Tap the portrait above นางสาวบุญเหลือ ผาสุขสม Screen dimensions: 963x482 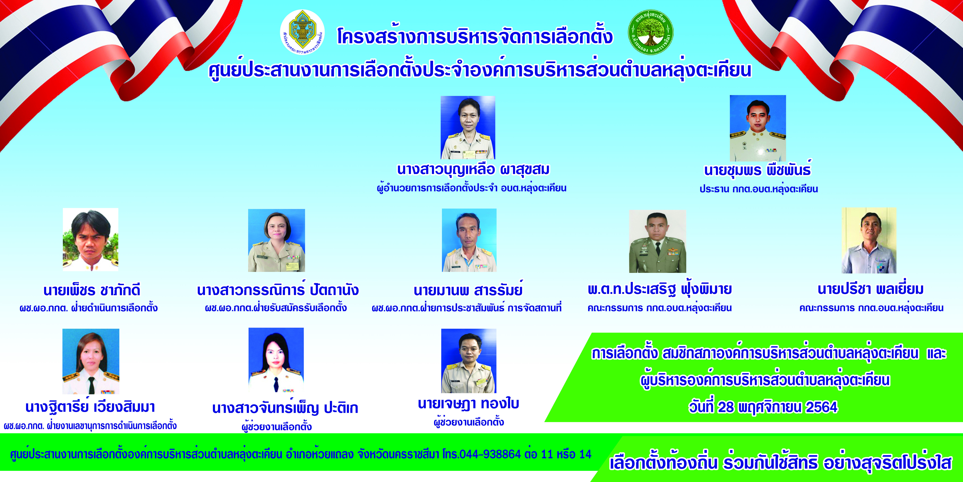(468, 128)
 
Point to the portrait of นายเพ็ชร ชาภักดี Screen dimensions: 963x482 (90, 239)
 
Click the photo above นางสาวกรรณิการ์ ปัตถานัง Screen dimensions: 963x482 (277, 240)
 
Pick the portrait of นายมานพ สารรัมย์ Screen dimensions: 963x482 (469, 240)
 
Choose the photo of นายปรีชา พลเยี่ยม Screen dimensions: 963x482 (869, 240)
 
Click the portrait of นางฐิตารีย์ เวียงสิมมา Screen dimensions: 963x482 (91, 361)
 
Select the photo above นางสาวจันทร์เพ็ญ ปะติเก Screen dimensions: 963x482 (276, 360)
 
